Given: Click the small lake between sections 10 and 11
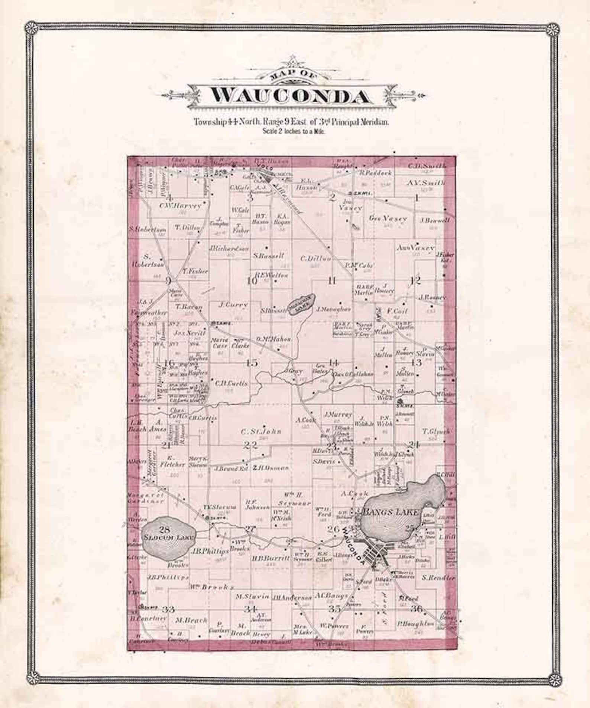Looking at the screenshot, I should point(302,305).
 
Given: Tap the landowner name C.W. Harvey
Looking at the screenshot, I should point(180,205).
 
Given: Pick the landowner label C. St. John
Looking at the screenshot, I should point(261,432).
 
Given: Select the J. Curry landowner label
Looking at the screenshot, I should point(233,305).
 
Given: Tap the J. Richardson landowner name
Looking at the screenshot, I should point(229,248).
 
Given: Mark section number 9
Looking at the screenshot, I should point(168,281).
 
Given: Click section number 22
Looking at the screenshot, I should point(250,445).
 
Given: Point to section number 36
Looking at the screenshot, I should point(416,609).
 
